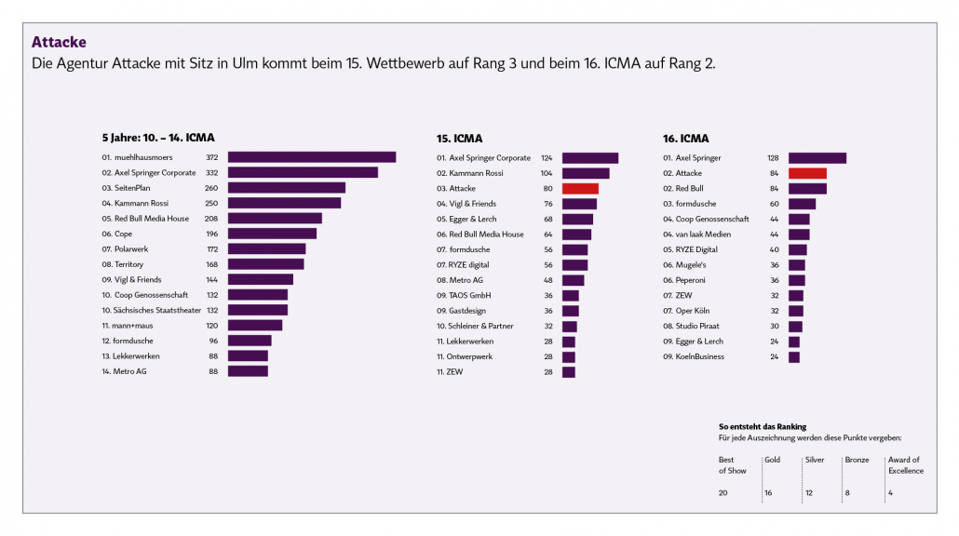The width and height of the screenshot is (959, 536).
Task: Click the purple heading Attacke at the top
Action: click(x=59, y=42)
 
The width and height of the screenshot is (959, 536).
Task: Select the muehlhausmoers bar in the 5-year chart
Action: click(x=311, y=157)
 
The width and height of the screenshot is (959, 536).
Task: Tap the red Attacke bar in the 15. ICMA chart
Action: click(x=580, y=188)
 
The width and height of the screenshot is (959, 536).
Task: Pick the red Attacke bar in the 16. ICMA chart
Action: click(x=807, y=173)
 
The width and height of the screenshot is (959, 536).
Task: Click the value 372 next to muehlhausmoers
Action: click(x=211, y=158)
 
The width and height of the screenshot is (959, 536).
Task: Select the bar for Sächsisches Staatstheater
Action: click(x=257, y=310)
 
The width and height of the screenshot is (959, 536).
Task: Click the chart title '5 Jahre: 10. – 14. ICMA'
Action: click(x=157, y=138)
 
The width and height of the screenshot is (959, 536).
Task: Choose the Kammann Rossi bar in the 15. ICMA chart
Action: click(x=586, y=173)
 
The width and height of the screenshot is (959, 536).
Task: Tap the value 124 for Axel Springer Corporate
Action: click(x=547, y=158)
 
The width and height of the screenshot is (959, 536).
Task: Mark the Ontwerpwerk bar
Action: click(x=569, y=356)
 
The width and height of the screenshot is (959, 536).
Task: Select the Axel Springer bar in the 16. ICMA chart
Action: click(x=817, y=158)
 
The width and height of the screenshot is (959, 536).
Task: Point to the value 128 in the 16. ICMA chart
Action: click(x=773, y=158)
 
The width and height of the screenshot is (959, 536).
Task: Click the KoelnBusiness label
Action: click(x=699, y=356)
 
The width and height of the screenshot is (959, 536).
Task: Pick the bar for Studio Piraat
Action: click(x=795, y=326)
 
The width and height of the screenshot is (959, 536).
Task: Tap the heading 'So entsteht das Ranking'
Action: click(x=763, y=426)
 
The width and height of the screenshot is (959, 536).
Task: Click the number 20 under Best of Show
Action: click(x=723, y=492)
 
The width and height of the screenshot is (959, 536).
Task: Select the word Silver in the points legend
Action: click(x=815, y=460)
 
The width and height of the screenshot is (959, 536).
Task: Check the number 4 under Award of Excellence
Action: click(x=891, y=492)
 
